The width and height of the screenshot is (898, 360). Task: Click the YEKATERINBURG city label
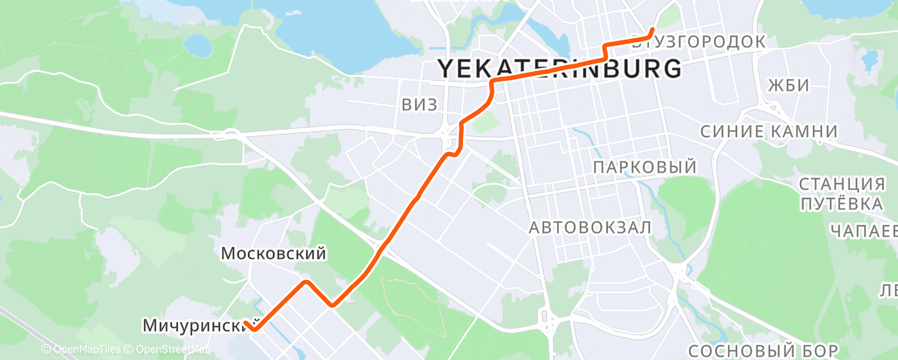[x=559, y=69]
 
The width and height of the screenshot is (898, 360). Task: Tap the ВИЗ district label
[x=418, y=104]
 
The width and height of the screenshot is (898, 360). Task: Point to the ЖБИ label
[x=787, y=85]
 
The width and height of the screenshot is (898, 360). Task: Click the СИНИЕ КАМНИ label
[x=768, y=132]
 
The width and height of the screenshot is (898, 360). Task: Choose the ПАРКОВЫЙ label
[x=645, y=168]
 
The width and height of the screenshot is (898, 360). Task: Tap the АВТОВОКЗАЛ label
[x=590, y=226]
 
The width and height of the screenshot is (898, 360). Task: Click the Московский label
[x=274, y=254]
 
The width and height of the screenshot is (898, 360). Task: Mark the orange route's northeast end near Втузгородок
[x=653, y=31]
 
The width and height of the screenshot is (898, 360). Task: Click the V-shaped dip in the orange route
[x=332, y=304]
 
